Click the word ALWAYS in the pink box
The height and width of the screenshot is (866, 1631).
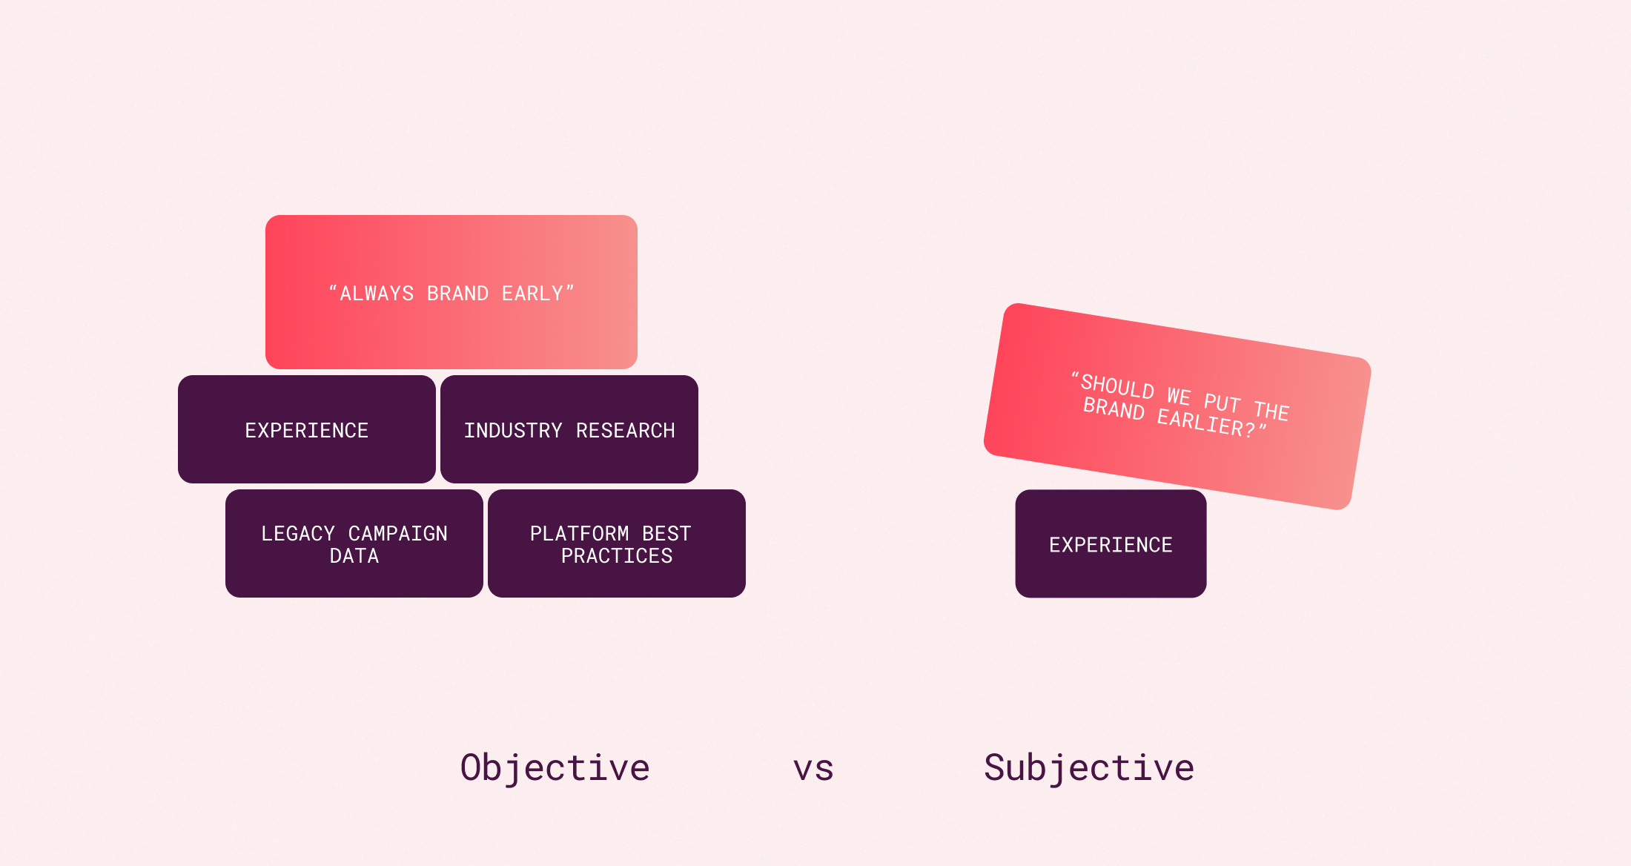tap(377, 294)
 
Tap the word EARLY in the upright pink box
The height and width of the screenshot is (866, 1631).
tap(532, 294)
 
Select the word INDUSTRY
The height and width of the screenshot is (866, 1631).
tap(513, 431)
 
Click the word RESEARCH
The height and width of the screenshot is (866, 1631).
tap(625, 431)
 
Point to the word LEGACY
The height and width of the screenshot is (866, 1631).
tap(298, 534)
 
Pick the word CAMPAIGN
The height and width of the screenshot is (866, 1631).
tap(398, 534)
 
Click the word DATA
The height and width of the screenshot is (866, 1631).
tap(354, 556)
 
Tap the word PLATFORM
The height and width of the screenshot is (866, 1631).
tap(579, 534)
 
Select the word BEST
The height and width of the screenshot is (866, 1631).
tap(666, 534)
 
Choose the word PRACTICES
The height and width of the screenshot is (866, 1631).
tap(617, 556)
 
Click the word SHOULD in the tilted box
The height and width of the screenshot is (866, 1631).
tap(1117, 386)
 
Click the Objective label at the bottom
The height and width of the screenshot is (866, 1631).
tap(555, 767)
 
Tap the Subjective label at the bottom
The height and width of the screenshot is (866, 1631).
tap(1089, 767)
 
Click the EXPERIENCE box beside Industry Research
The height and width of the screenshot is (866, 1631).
tap(307, 430)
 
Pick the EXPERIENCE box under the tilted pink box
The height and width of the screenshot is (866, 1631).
tap(1111, 545)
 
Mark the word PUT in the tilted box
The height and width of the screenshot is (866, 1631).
tap(1222, 403)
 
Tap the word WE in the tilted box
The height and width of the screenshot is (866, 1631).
tap(1179, 396)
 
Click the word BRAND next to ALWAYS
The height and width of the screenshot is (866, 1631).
tap(457, 294)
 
